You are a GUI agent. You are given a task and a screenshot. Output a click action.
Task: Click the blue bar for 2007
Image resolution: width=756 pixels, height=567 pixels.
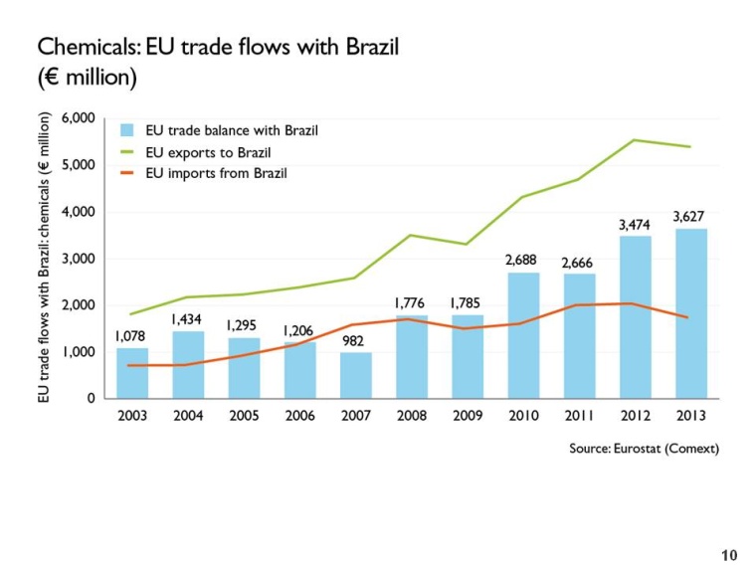pyautogui.click(x=355, y=375)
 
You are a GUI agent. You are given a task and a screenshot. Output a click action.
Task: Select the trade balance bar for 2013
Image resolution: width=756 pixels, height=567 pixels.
pyautogui.click(x=690, y=313)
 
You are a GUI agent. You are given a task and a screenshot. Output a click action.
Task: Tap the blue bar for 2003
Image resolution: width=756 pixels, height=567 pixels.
pyautogui.click(x=131, y=373)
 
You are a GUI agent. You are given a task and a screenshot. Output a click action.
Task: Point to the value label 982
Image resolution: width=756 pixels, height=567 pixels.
pyautogui.click(x=355, y=340)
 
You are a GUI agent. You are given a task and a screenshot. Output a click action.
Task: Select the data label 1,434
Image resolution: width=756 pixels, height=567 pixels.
pyautogui.click(x=188, y=318)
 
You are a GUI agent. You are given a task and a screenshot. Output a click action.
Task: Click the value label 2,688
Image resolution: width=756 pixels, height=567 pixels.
pyautogui.click(x=523, y=260)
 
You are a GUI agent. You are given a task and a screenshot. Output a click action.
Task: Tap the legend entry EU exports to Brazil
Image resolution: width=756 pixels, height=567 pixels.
pyautogui.click(x=208, y=152)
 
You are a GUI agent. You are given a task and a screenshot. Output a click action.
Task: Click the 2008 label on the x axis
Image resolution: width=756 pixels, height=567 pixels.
pyautogui.click(x=411, y=416)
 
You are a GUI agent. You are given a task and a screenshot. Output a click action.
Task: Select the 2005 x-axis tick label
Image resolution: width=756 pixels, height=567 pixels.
pyautogui.click(x=244, y=416)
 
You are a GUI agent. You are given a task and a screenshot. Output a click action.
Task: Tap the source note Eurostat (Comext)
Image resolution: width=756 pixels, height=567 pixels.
pyautogui.click(x=644, y=449)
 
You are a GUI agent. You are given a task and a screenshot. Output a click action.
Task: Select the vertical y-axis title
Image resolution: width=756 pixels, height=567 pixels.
pyautogui.click(x=44, y=257)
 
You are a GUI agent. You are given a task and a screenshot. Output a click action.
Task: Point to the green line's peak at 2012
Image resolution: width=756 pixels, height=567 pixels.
pyautogui.click(x=635, y=140)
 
